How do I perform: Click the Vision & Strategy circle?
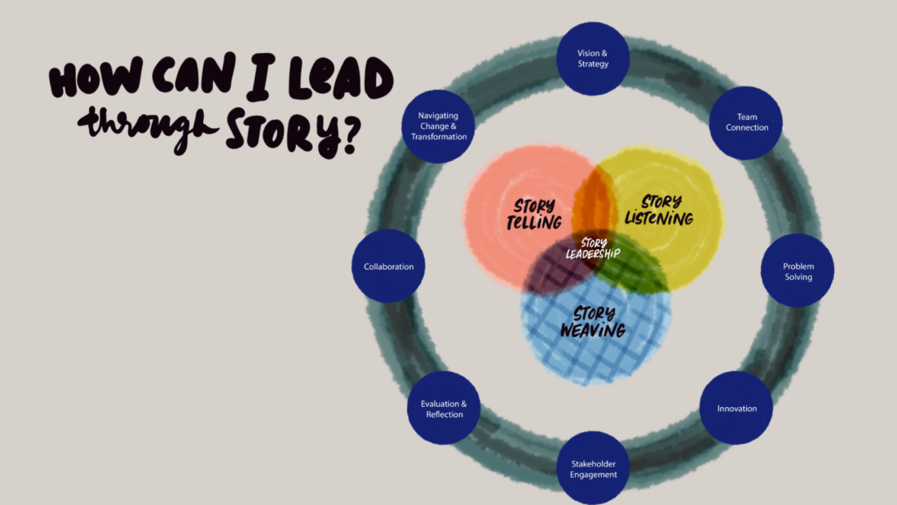[x=593, y=58]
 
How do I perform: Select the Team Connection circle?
[x=746, y=122]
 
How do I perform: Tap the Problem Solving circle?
[x=798, y=271]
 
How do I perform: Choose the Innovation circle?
[x=736, y=408]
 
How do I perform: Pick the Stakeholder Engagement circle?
[x=593, y=468]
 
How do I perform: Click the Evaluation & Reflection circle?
[x=444, y=409]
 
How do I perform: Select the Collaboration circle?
[x=388, y=266]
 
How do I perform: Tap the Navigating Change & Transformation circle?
[x=439, y=126]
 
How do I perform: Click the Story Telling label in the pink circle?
[x=534, y=214]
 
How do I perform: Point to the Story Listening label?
[x=659, y=210]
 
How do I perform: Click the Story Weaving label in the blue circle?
[x=593, y=321]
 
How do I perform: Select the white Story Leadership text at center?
[x=593, y=248]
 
